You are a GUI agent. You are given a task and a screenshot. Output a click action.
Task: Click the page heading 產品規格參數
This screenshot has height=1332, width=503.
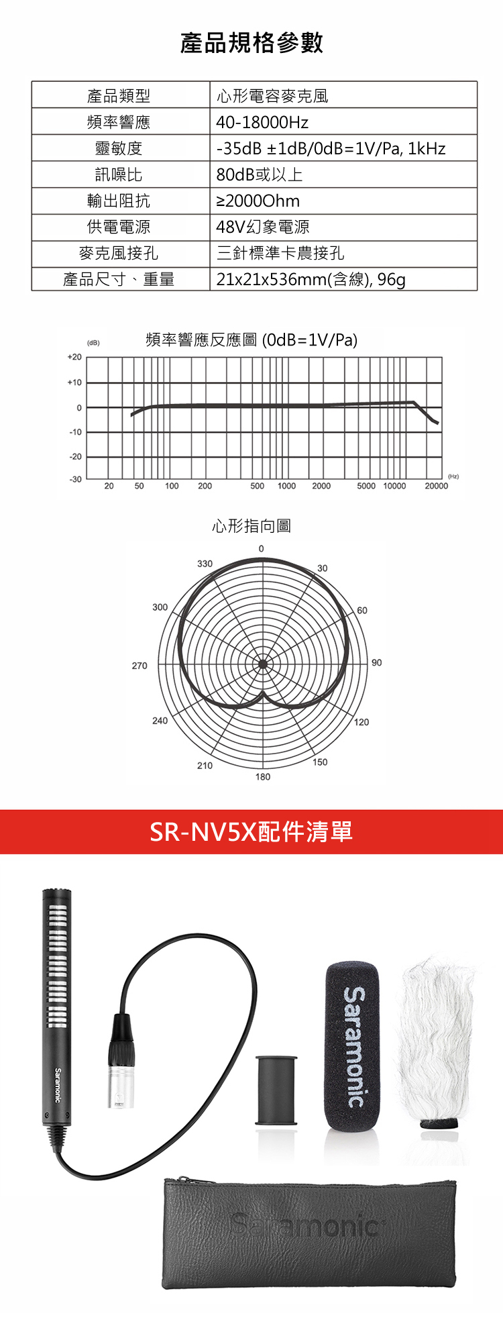point(251,42)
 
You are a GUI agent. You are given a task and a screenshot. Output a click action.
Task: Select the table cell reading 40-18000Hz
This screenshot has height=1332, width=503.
point(262,122)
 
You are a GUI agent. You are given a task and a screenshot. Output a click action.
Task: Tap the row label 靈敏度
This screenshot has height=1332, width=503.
point(119,148)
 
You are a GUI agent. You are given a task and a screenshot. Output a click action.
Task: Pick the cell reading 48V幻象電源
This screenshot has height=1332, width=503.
point(263,227)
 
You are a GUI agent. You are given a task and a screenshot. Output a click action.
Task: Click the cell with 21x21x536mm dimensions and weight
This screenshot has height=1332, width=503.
point(311,279)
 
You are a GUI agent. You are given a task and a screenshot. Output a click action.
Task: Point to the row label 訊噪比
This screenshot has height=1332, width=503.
point(119,174)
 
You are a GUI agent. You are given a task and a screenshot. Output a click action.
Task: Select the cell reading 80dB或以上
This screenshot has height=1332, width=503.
point(260,174)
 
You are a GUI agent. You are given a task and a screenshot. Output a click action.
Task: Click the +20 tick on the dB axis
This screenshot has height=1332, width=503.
point(74,357)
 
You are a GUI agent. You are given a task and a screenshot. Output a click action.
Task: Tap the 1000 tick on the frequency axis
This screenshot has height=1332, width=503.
point(287,486)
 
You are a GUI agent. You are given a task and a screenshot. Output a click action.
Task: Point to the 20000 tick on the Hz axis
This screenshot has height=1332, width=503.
point(437,486)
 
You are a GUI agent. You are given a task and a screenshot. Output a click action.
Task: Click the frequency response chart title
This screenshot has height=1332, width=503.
point(251,340)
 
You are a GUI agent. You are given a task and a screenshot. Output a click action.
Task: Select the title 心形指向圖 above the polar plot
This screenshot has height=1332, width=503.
point(251,525)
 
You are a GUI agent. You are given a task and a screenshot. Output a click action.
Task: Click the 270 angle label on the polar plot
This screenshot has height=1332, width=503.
point(139,666)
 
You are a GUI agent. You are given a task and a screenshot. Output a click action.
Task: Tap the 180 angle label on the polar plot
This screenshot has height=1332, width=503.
point(263,776)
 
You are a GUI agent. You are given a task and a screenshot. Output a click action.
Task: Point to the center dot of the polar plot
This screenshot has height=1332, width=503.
point(263,664)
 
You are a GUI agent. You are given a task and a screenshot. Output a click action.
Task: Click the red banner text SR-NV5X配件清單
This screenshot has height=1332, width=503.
point(251,832)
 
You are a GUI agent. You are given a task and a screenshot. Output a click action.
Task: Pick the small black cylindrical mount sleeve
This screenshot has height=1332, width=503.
point(276,1090)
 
